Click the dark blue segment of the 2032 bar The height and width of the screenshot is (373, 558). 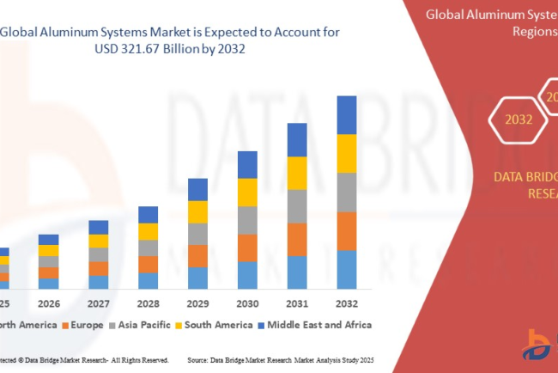[x=346, y=114]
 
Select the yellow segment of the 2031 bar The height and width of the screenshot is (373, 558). [x=297, y=173]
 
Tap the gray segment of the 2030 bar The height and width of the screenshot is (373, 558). [x=247, y=219]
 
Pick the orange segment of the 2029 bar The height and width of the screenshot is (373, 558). [x=197, y=255]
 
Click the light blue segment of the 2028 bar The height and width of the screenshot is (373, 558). [x=148, y=280]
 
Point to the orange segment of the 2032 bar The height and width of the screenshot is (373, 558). [x=346, y=230]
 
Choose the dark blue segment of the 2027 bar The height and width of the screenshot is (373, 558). [x=99, y=227]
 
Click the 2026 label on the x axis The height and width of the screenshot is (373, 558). [x=49, y=304]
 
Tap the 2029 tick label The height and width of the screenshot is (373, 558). [x=197, y=304]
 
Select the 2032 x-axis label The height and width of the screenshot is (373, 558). [x=346, y=304]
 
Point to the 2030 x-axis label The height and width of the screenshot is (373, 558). [x=247, y=304]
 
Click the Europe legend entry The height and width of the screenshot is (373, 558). [x=82, y=325]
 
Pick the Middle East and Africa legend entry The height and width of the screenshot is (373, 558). [x=318, y=325]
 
